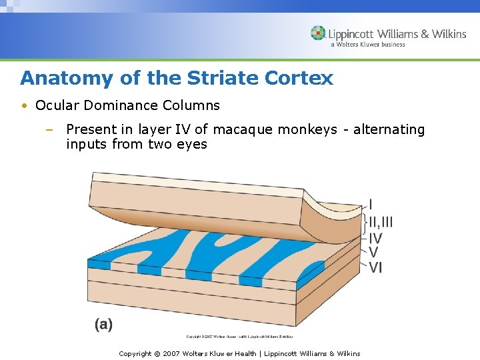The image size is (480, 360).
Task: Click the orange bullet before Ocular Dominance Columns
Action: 24,106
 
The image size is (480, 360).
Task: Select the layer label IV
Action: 375,237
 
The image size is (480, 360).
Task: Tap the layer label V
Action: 373,252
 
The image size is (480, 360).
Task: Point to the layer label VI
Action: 375,267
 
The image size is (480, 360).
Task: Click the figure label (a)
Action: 103,324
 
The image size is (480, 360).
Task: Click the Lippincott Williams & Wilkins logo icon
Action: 318,33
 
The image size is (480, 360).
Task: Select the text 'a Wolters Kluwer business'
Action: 367,45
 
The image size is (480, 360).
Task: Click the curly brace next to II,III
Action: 365,221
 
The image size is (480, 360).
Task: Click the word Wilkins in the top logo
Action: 447,33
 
